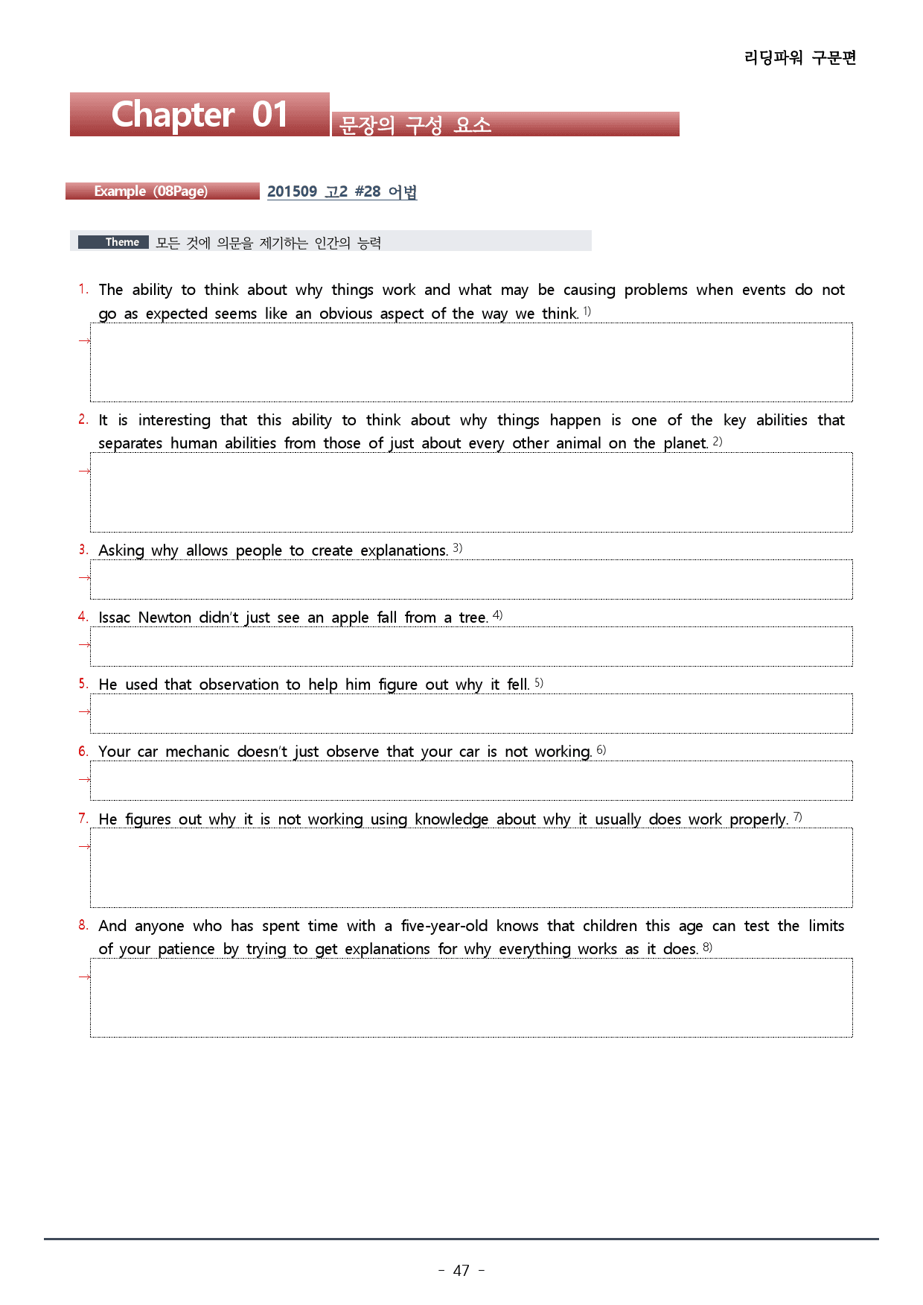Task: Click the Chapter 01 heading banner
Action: [199, 115]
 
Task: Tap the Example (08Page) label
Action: [151, 191]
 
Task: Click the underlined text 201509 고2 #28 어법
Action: [342, 191]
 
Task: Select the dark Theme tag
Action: [114, 242]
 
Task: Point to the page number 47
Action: [461, 1270]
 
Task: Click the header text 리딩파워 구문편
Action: [800, 57]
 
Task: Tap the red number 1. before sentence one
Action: [83, 289]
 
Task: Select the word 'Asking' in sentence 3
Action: [121, 550]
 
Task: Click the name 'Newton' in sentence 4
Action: [165, 617]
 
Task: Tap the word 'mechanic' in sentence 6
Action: [197, 752]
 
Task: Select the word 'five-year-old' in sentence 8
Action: [444, 926]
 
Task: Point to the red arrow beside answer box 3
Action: [84, 577]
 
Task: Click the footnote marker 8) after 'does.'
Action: [707, 947]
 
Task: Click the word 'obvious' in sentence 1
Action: [345, 314]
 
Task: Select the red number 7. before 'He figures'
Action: [83, 818]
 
